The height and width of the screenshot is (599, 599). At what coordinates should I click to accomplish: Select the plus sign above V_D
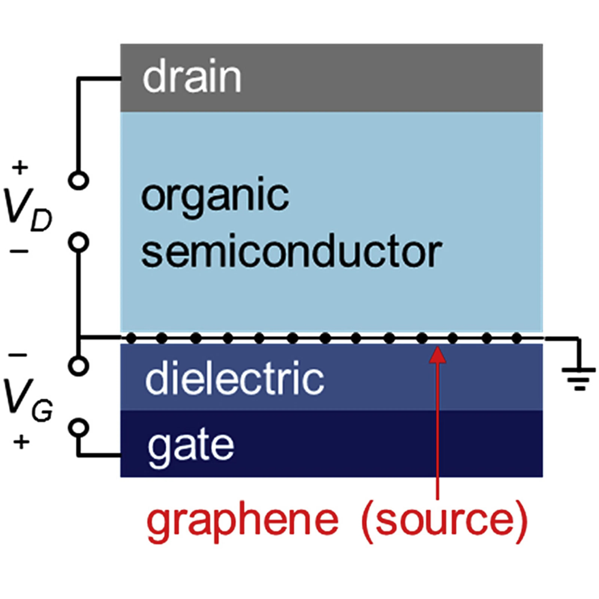point(20,168)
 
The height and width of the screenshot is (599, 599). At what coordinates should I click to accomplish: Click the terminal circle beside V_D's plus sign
point(79,180)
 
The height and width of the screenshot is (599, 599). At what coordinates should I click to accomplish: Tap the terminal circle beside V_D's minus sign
point(79,242)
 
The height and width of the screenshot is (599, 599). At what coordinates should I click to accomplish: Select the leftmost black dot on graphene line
point(131,338)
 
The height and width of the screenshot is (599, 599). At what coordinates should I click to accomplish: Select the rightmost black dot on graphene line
point(516,338)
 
